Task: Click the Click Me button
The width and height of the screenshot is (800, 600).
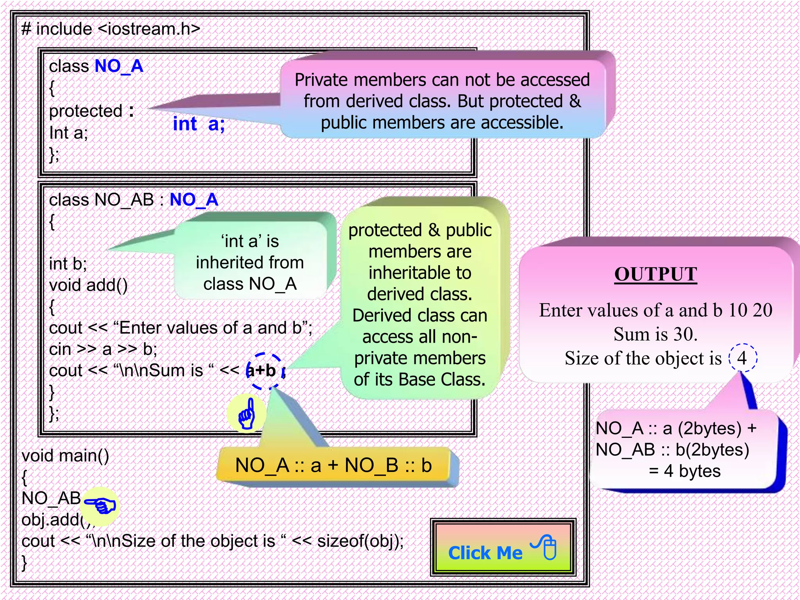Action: (503, 548)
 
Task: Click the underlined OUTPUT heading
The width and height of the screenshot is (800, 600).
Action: (655, 274)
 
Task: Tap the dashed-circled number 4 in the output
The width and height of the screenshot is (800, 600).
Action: (742, 358)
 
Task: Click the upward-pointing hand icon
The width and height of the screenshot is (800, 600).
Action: (246, 414)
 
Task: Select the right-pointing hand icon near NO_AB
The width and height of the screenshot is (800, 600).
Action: (100, 507)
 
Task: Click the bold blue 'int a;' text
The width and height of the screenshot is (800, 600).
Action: (199, 124)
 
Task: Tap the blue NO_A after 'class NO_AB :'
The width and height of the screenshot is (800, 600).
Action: (194, 200)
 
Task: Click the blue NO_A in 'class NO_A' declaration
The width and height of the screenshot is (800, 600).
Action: (119, 66)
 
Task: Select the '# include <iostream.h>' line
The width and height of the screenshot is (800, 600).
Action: (111, 29)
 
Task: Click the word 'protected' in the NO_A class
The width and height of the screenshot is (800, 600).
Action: (86, 111)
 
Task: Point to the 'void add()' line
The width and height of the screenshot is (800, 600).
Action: (88, 285)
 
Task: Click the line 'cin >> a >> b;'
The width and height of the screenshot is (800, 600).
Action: (103, 349)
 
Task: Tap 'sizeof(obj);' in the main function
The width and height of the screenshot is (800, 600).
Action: (360, 541)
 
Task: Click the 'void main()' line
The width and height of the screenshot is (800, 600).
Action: (65, 456)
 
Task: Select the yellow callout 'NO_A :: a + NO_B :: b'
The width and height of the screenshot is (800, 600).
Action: (333, 466)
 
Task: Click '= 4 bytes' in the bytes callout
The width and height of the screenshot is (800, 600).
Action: (684, 471)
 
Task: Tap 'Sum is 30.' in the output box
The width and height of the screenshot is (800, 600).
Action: (655, 334)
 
